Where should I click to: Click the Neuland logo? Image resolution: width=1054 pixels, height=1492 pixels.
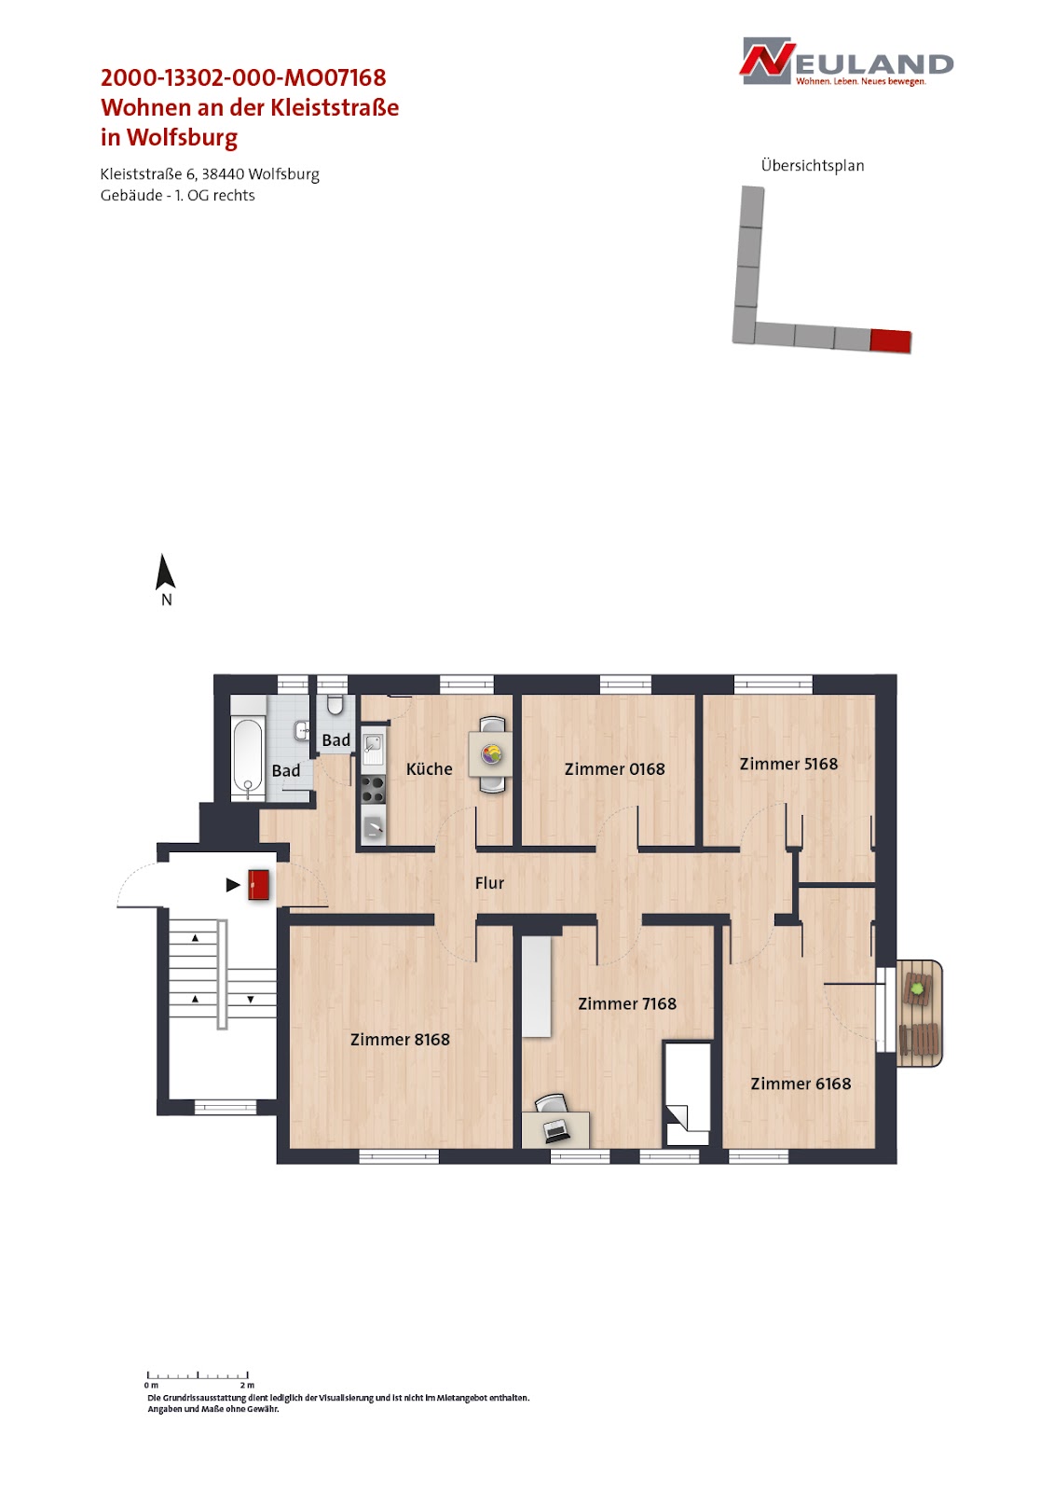[845, 62]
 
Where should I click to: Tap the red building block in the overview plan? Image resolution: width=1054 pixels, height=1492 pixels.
[890, 340]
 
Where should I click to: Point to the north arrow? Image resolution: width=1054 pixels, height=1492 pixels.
[165, 572]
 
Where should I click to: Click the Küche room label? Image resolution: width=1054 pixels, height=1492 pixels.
[429, 768]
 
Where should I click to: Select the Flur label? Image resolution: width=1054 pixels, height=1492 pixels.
[489, 882]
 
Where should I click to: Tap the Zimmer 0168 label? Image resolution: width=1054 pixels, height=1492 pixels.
[614, 768]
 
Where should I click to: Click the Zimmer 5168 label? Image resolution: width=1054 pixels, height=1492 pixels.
[788, 764]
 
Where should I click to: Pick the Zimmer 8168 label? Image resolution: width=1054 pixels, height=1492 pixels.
[400, 1039]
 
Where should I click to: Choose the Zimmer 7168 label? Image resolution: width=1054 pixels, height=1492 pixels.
[626, 1003]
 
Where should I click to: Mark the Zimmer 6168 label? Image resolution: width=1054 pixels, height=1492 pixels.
[801, 1083]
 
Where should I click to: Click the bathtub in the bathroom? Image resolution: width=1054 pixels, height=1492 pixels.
[248, 759]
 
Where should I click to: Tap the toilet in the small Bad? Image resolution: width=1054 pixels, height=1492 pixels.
[335, 705]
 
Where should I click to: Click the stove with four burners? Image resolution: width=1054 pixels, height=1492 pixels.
[373, 790]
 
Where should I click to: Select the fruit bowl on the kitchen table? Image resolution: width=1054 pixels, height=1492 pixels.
[491, 754]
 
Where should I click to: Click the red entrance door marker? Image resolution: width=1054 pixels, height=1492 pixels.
[258, 885]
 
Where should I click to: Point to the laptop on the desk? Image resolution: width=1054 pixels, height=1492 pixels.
[555, 1130]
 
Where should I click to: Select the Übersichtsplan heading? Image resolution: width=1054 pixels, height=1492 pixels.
[813, 166]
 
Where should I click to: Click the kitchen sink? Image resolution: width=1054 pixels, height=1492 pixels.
[372, 749]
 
